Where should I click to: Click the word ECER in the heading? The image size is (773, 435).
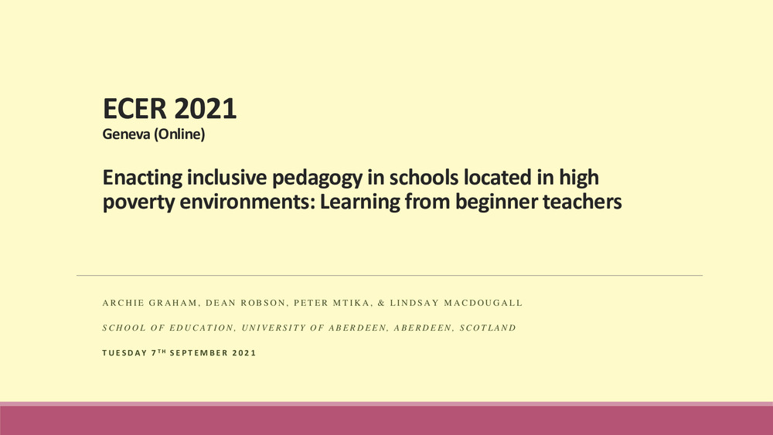point(135,109)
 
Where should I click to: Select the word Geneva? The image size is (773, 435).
point(126,134)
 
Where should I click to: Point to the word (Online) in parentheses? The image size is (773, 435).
point(179,134)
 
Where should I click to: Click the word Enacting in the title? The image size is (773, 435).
point(142,178)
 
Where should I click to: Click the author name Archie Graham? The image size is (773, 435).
point(150,303)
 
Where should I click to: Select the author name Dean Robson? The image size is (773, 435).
point(246,303)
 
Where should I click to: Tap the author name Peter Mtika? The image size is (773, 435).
point(332,303)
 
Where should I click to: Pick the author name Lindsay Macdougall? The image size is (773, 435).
point(456,303)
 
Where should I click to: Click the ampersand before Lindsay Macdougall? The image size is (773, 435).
point(381,303)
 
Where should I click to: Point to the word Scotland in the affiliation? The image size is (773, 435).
point(488,328)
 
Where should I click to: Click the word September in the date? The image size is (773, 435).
point(198,353)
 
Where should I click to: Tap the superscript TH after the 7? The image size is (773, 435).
point(162,352)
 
